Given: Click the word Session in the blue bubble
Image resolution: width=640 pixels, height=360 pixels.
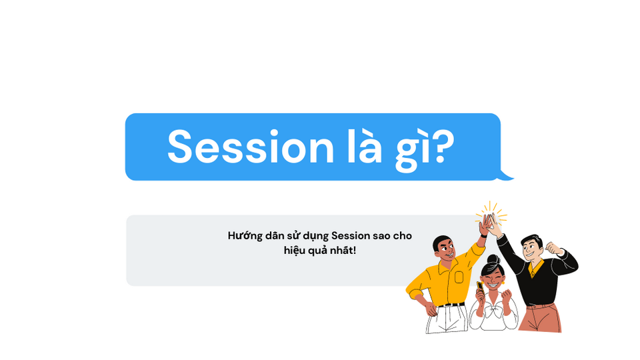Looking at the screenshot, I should pos(250,147).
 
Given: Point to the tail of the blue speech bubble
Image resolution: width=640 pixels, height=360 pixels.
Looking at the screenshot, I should pos(507,176).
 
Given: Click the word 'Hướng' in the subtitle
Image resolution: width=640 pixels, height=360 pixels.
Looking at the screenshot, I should pos(245,236).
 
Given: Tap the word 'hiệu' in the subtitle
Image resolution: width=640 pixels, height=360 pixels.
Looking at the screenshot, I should pos(295,251).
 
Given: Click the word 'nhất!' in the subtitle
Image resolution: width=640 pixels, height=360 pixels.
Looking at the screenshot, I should pos(344,251).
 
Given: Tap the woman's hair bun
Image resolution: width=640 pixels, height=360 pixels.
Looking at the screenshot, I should pos(492,259).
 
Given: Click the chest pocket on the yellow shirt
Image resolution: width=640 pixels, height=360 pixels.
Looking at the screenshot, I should pos(459,276).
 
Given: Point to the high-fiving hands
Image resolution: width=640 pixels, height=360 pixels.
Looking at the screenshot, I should pos(490,222).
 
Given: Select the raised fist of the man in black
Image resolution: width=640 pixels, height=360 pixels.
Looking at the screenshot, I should pos(551,247).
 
